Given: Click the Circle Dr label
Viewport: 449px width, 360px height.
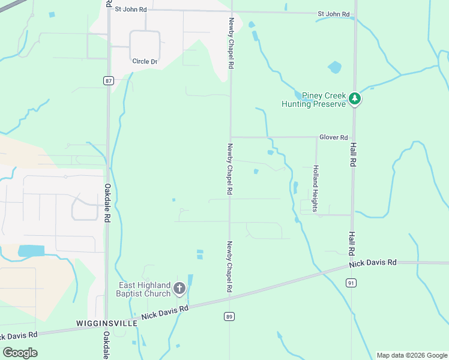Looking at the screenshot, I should pyautogui.click(x=145, y=61).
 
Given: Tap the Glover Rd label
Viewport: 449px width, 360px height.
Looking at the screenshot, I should pyautogui.click(x=334, y=137).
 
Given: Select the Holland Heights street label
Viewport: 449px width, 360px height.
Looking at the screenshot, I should pyautogui.click(x=315, y=188).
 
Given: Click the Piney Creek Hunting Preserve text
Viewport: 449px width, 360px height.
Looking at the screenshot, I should pyautogui.click(x=315, y=100).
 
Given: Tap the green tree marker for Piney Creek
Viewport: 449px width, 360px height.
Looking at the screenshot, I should pyautogui.click(x=355, y=98).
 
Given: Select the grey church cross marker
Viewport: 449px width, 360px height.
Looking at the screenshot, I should pyautogui.click(x=179, y=289).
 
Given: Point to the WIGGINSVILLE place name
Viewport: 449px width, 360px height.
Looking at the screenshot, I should pyautogui.click(x=107, y=323).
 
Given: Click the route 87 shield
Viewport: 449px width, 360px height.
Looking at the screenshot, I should pyautogui.click(x=108, y=81).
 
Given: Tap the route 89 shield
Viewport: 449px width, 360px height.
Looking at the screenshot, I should pyautogui.click(x=229, y=316).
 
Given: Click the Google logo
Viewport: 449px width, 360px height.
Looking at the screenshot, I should pyautogui.click(x=20, y=352).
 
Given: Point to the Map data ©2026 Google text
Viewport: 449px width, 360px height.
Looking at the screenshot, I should pyautogui.click(x=412, y=355).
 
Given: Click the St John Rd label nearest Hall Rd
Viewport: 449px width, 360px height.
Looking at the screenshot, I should pyautogui.click(x=334, y=14).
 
